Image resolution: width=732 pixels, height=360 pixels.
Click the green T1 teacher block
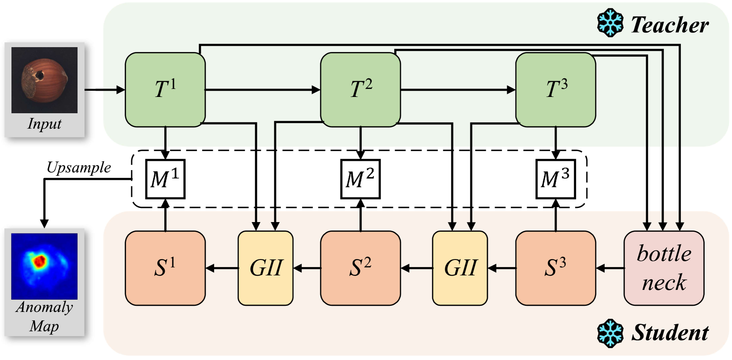(x=165, y=89)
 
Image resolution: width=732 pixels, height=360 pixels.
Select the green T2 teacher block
(x=360, y=89)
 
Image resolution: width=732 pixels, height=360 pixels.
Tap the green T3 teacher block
(x=555, y=89)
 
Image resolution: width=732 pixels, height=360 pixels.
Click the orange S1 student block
(x=165, y=268)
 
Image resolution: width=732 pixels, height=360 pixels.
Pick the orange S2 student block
(x=360, y=268)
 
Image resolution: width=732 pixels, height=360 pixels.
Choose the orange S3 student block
(x=555, y=268)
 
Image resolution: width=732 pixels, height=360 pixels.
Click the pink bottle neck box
(x=664, y=268)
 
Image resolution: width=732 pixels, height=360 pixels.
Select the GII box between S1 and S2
(x=266, y=268)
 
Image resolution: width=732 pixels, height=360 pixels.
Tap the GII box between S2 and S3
(x=460, y=268)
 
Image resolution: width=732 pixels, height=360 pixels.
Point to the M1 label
(x=164, y=178)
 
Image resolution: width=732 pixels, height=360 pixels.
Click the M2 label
(x=360, y=178)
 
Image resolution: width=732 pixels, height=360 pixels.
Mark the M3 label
(x=555, y=178)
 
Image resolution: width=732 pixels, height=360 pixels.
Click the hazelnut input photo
(x=44, y=80)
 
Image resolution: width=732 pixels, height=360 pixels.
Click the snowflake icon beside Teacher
(x=610, y=23)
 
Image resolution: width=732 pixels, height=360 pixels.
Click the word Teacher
(x=669, y=25)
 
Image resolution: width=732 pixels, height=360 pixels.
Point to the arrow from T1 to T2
(x=262, y=90)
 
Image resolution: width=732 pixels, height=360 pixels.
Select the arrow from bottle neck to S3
(x=610, y=268)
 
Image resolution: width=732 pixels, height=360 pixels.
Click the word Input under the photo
(x=44, y=124)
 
